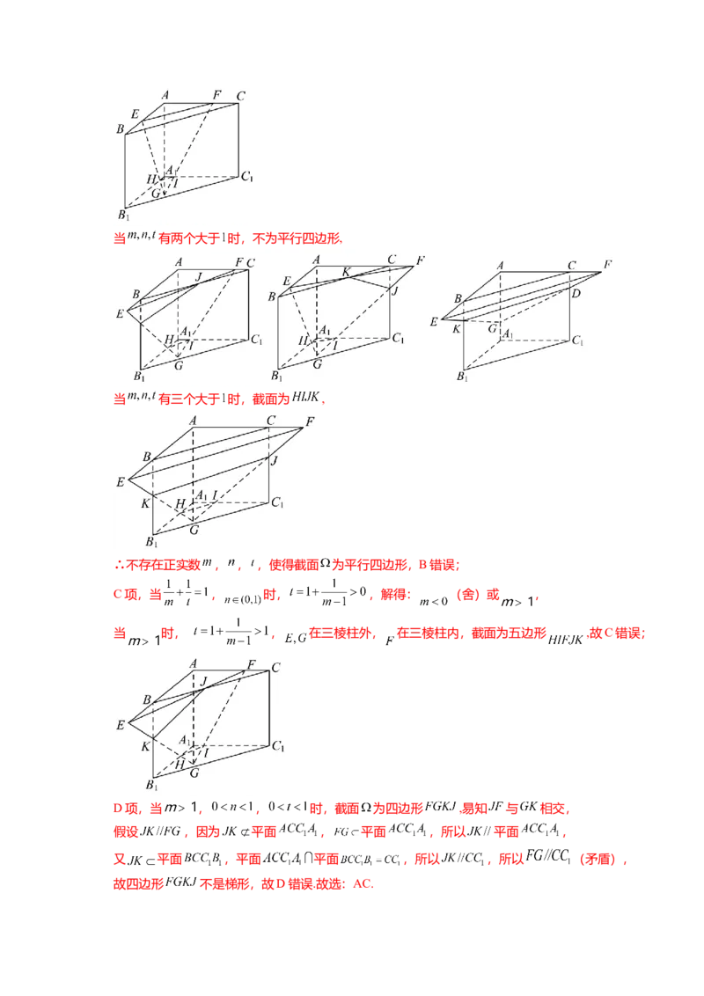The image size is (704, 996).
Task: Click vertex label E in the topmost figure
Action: coord(135,114)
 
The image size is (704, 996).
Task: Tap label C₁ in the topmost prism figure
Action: coord(247,176)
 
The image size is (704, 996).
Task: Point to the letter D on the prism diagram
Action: coord(576,293)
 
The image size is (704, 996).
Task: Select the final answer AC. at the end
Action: coord(363,883)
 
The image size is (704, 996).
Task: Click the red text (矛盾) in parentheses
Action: coord(598,859)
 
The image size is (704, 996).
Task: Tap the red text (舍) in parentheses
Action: coord(468,595)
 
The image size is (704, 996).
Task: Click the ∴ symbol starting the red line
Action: coord(119,565)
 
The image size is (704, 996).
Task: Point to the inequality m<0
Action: coord(434,601)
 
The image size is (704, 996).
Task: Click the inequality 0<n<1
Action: coord(232,807)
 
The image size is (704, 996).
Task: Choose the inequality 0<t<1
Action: coord(288,807)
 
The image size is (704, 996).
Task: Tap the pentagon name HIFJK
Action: coord(565,640)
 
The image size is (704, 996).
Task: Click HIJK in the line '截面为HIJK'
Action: coord(305,397)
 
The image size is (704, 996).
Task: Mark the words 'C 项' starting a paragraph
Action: coord(125,595)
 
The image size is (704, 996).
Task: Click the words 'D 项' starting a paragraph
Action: coord(125,808)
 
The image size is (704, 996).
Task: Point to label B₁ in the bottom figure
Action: coord(151,785)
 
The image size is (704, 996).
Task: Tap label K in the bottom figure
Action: coord(145,746)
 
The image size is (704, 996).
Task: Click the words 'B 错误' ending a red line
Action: coord(437,565)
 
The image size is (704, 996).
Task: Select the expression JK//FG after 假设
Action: coord(159,831)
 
